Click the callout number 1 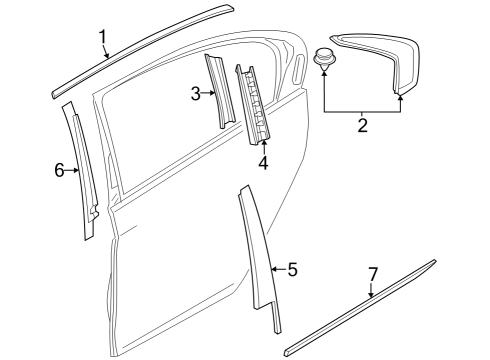pos(103,38)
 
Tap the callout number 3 pos(196,94)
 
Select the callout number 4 pos(263,162)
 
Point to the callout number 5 pos(292,269)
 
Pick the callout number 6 pos(59,171)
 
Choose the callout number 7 pos(373,273)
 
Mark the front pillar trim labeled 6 pos(83,170)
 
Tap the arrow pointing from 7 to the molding pos(372,292)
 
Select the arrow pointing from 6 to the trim pos(73,171)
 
